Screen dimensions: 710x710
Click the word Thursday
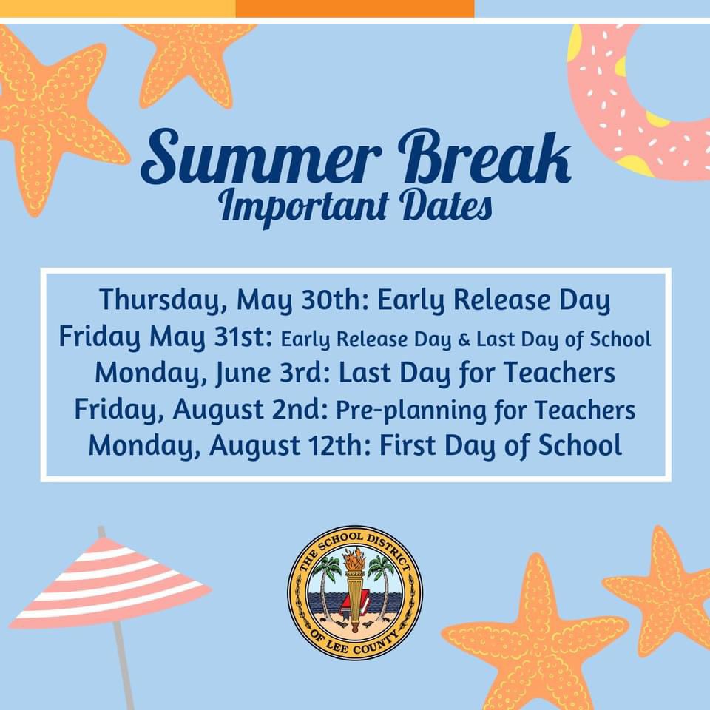pyautogui.click(x=163, y=300)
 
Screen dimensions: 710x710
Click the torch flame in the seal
pyautogui.click(x=355, y=561)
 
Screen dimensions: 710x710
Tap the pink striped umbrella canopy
pyautogui.click(x=111, y=581)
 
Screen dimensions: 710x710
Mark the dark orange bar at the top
pyautogui.click(x=355, y=8)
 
